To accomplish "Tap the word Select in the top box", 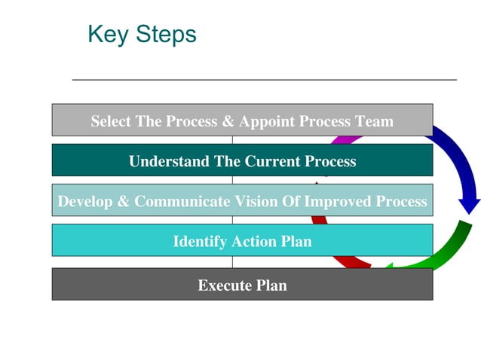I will tap(111, 121).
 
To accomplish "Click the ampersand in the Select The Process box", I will tap(228, 121).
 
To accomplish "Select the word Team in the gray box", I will tap(375, 121).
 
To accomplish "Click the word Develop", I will tap(83, 202).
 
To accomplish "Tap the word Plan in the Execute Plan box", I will tap(271, 285).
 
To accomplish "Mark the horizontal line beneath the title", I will tap(264, 79).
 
